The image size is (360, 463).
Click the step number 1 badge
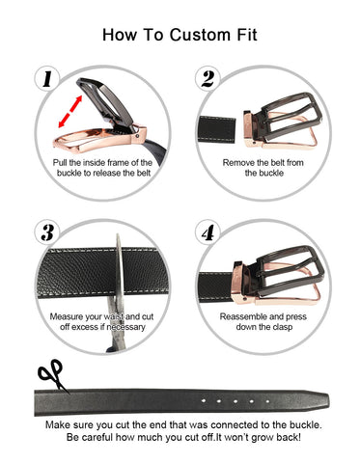click(x=47, y=79)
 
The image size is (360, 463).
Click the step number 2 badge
click(x=208, y=79)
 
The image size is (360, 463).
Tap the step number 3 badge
click(x=47, y=232)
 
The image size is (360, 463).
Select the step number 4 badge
click(x=208, y=232)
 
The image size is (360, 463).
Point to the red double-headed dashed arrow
click(x=70, y=112)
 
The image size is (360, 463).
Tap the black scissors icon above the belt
click(x=52, y=375)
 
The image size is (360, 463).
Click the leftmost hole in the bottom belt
click(x=204, y=400)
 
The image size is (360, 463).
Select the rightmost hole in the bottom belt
click(x=267, y=401)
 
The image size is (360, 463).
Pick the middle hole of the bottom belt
click(x=235, y=401)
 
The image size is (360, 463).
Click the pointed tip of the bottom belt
click(x=328, y=400)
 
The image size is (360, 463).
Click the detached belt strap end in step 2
click(x=217, y=129)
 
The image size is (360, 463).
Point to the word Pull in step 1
click(x=60, y=163)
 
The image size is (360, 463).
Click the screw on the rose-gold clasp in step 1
click(x=138, y=136)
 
